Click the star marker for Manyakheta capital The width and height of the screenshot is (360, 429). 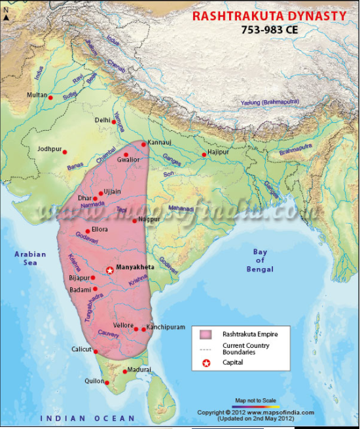109,270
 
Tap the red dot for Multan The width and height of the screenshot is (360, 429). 50,97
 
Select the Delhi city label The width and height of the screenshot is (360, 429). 102,120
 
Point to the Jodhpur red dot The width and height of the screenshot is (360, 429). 65,151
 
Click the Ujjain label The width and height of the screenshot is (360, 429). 113,191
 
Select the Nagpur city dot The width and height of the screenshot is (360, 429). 134,220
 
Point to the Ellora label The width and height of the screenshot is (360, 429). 100,230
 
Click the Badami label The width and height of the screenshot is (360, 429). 82,288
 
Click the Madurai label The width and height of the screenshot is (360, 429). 139,369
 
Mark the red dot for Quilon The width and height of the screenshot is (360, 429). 108,383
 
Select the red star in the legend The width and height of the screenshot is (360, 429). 207,363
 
